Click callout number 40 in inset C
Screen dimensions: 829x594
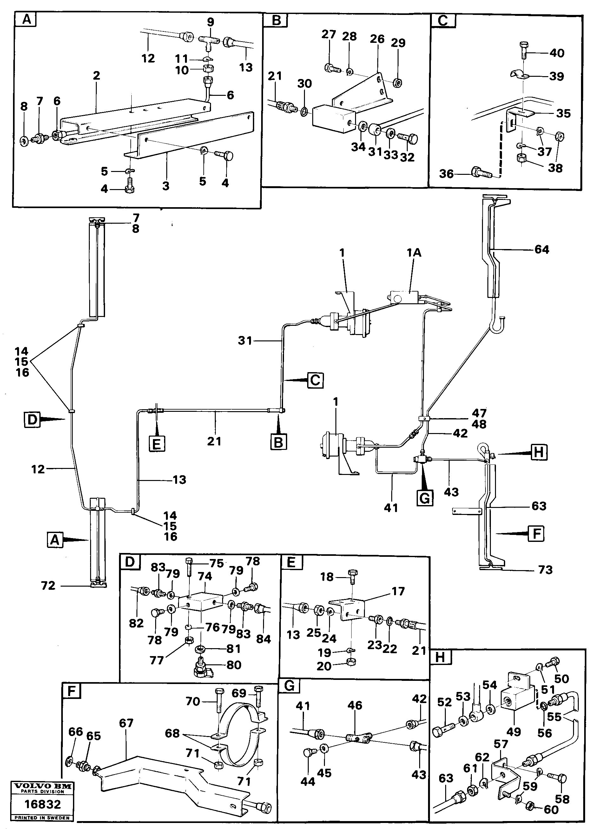[x=556, y=53]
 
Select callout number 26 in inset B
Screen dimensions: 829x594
[x=377, y=39]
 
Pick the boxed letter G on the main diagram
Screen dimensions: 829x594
[x=424, y=498]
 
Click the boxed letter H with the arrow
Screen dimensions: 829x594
[x=538, y=452]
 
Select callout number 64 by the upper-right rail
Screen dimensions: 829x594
[x=541, y=250]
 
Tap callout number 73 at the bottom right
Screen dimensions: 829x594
[x=545, y=570]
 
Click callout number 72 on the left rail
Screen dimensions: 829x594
[x=48, y=586]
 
